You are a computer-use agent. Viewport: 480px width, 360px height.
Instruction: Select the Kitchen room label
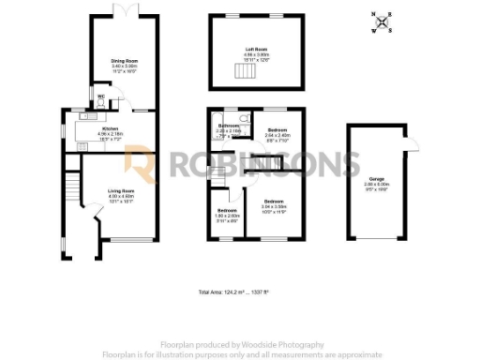(x=111, y=128)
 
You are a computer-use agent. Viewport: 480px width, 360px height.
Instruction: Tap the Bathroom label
(x=229, y=127)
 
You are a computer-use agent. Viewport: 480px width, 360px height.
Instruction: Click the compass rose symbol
(x=382, y=22)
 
